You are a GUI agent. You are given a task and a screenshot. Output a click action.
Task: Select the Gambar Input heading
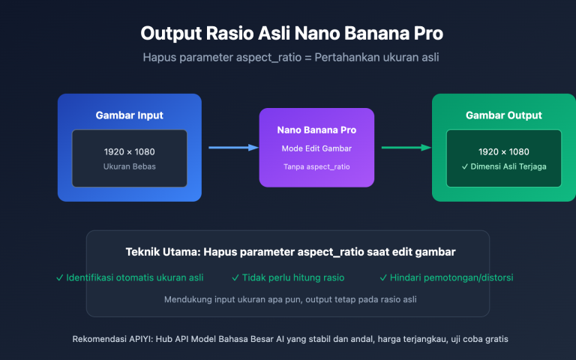coord(129,115)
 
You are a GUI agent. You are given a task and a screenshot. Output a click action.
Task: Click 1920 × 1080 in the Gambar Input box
coord(129,151)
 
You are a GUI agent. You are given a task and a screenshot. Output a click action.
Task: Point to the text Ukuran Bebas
coord(129,166)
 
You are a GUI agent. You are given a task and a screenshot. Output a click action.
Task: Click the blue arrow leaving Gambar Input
coord(232,148)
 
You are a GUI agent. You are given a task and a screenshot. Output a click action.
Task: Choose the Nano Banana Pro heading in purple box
coord(316,130)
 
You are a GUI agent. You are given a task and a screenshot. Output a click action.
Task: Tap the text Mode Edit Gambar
coord(316,148)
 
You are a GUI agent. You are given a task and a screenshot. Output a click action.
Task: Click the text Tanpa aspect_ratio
coord(316,166)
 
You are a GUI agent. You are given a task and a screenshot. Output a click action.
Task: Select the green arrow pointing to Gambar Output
coord(406,148)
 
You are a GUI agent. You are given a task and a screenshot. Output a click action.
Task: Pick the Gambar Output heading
coord(503,115)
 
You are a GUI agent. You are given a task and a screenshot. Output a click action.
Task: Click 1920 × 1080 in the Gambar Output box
coord(503,151)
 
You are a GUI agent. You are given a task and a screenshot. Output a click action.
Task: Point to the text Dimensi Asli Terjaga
coord(508,166)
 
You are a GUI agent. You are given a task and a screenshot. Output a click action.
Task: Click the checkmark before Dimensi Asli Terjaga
coord(466,166)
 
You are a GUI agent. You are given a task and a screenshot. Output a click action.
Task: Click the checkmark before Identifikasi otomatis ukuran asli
coord(59,277)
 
